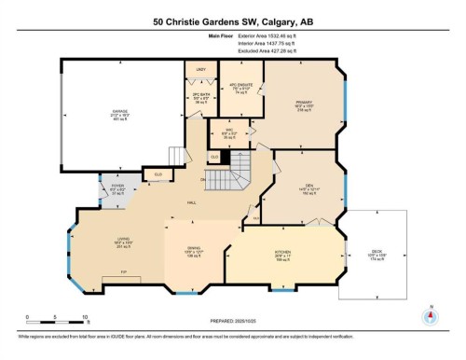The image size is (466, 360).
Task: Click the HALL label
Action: point(192,202)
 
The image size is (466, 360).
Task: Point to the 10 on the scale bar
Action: point(85,318)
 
